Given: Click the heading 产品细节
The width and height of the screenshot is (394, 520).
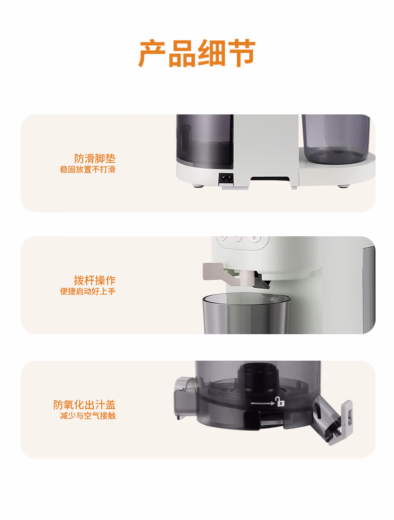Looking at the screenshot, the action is [x=197, y=53].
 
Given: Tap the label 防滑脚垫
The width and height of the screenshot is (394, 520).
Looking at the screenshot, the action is [x=95, y=158].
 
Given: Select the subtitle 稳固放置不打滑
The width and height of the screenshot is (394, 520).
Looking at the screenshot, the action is [x=88, y=169].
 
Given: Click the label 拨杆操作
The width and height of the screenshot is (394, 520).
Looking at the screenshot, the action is [x=95, y=281].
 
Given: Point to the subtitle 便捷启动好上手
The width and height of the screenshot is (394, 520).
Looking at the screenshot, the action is [x=88, y=292].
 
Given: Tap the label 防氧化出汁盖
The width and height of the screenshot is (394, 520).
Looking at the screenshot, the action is [x=84, y=405].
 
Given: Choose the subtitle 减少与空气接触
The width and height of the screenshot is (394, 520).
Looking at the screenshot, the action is [x=88, y=416].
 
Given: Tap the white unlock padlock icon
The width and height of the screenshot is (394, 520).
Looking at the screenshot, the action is [x=280, y=402].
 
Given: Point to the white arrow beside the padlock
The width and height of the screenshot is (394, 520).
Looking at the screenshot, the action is [x=263, y=403].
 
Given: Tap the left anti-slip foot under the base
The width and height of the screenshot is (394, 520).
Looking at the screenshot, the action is [x=198, y=186].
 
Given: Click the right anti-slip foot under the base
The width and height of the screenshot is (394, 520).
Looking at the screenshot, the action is [x=343, y=186].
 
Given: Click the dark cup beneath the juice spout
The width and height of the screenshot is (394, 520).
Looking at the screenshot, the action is [x=247, y=313].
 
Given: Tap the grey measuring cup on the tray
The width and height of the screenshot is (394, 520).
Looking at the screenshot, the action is [x=336, y=139].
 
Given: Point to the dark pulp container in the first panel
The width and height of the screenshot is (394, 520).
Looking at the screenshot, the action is [x=204, y=141].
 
